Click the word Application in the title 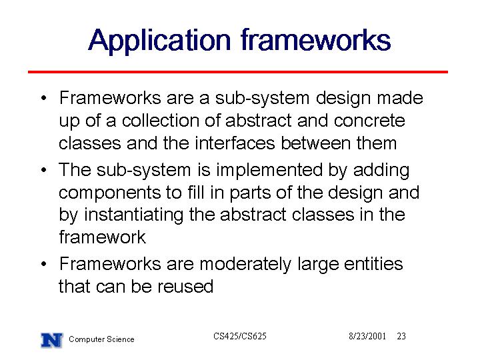click(159, 41)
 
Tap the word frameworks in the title click(315, 39)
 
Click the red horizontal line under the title click(238, 72)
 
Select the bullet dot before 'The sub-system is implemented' click(44, 169)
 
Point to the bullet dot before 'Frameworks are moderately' click(44, 263)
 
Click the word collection click(161, 120)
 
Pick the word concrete click(369, 121)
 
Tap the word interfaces click(235, 143)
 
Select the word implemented click(269, 171)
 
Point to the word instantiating click(133, 215)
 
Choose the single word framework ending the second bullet click(102, 237)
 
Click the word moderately click(245, 265)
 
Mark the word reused click(185, 287)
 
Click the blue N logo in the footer click(52, 340)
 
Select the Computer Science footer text click(101, 339)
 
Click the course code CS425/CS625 click(240, 336)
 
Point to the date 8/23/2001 click(367, 336)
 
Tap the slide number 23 click(401, 336)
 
